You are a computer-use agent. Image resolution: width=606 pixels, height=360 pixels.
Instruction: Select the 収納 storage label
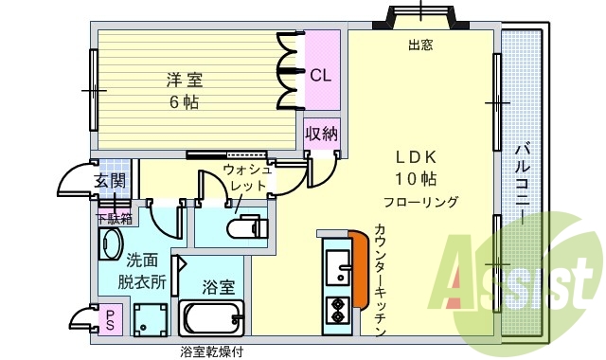322,134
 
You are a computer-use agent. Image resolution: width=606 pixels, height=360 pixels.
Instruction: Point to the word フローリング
421,202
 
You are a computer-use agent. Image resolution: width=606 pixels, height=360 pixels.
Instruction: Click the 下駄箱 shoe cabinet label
113,217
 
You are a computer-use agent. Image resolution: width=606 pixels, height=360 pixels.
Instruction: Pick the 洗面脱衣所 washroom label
142,270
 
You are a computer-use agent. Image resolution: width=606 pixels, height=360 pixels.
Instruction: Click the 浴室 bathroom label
220,286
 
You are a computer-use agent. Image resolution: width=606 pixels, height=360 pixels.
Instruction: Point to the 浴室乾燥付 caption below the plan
212,351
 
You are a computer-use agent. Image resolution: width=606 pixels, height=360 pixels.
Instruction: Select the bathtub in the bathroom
211,319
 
